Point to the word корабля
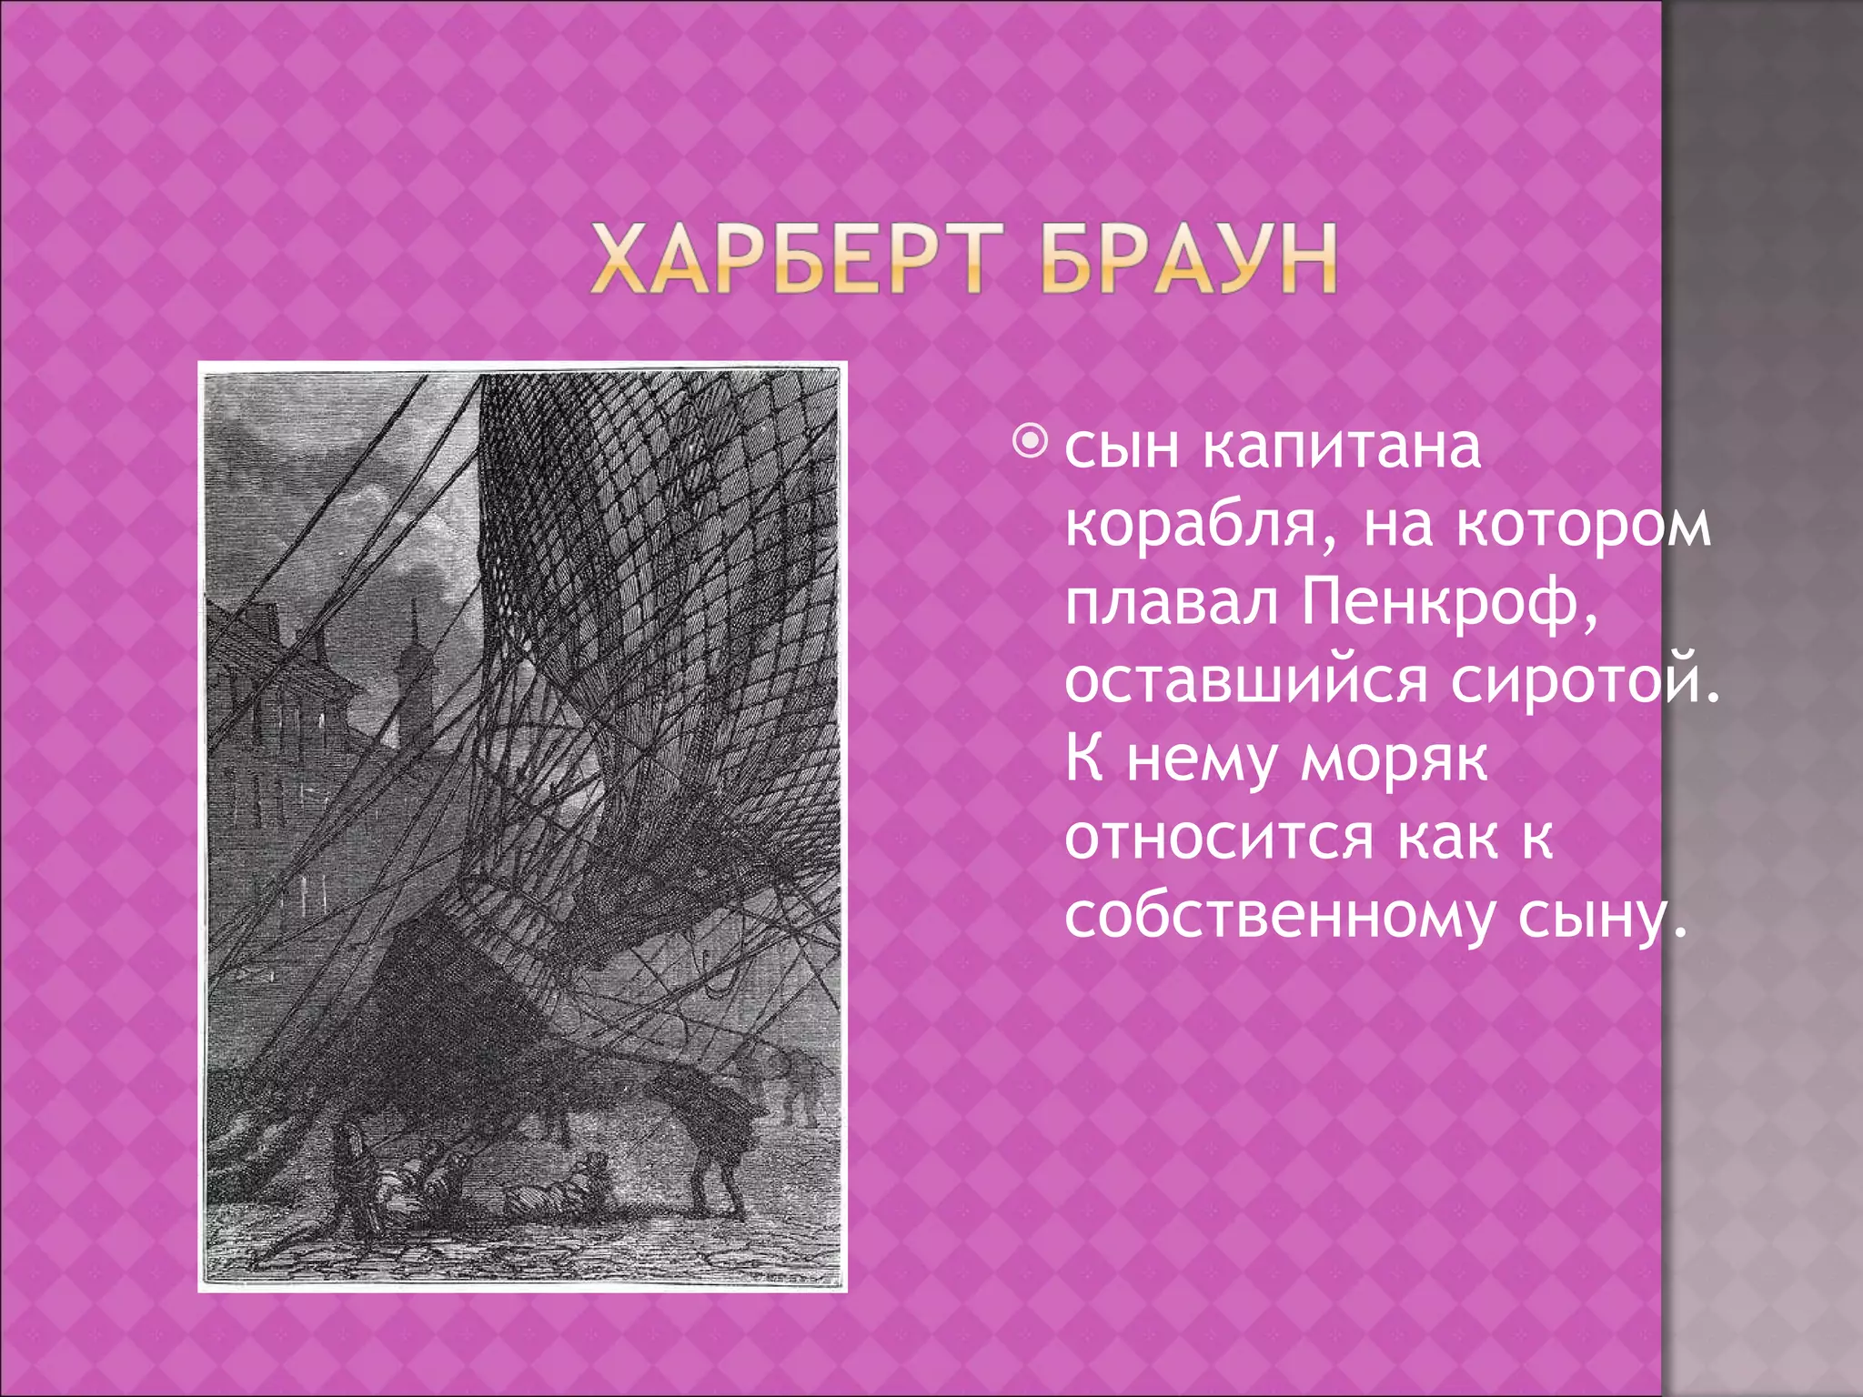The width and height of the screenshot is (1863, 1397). click(1193, 528)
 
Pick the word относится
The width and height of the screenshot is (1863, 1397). click(1219, 838)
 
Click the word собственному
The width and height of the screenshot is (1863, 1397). click(1279, 917)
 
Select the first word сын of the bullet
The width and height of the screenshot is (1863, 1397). click(1122, 447)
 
